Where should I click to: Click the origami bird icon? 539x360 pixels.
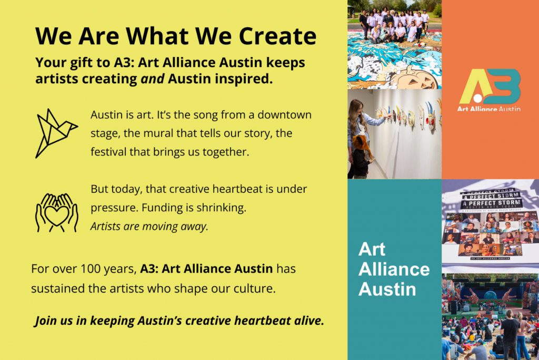coord(56,133)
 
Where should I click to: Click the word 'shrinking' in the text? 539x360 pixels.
coord(222,208)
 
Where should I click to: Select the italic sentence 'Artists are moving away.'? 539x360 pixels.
coord(149,227)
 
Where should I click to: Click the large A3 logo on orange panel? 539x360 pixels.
coord(490,86)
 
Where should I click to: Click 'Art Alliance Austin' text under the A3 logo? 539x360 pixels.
coord(490,109)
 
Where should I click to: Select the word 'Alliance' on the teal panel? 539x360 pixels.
coord(394,269)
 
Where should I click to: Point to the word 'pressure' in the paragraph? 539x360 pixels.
coord(110,208)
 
